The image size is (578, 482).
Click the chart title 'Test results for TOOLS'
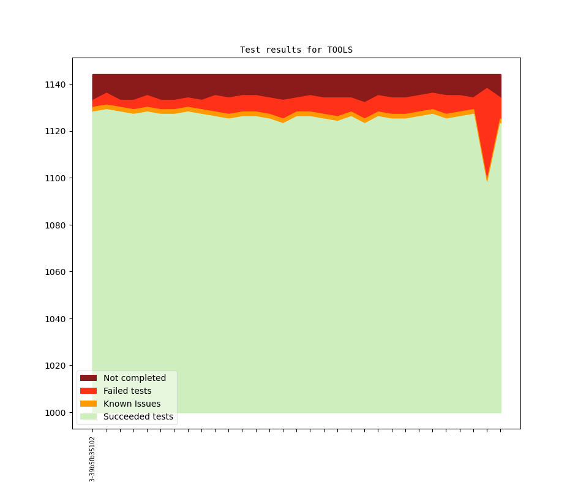(x=296, y=50)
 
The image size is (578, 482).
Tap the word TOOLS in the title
(x=340, y=50)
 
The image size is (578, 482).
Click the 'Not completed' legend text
(x=135, y=378)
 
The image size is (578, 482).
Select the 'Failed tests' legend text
(x=127, y=391)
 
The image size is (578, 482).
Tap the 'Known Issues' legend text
(x=132, y=404)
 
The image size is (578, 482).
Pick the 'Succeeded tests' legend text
(x=138, y=416)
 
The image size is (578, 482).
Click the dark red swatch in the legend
(x=88, y=378)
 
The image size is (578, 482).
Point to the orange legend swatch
(x=88, y=404)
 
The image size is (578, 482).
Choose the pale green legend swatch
(x=88, y=416)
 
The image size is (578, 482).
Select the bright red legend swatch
(x=88, y=391)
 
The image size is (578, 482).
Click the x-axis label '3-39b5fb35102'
(x=92, y=459)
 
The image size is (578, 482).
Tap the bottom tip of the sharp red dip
(x=487, y=181)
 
